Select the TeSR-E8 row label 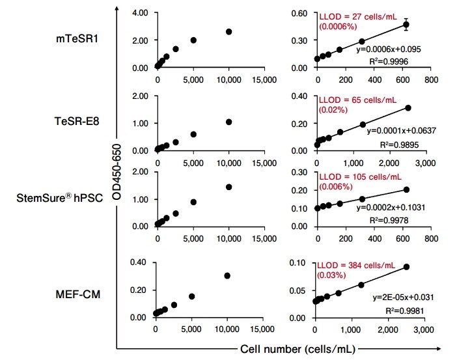coord(76,120)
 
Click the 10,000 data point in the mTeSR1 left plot coord(228,31)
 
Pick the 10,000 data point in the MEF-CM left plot coord(227,275)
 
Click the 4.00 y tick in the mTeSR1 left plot coord(141,13)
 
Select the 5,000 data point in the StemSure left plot coord(193,202)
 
